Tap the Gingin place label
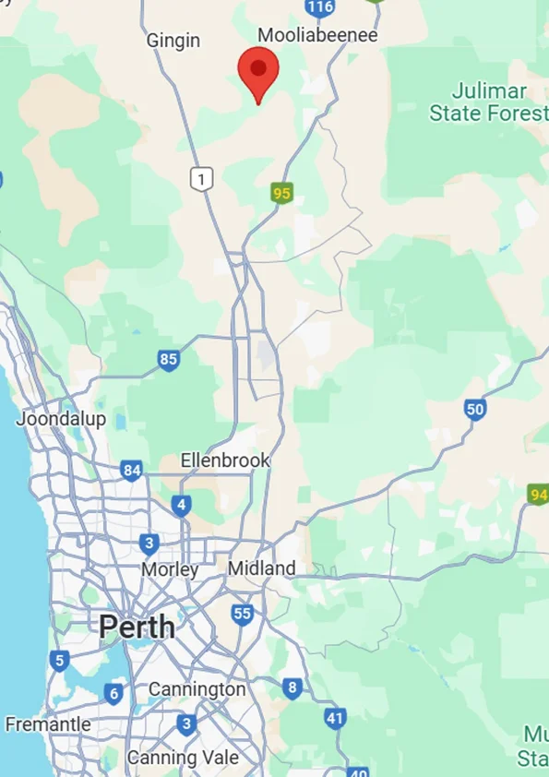click(x=173, y=41)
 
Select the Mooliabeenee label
click(x=317, y=35)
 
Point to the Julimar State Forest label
click(x=489, y=102)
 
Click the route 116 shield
click(x=319, y=7)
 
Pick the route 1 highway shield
click(x=202, y=177)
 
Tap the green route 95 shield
click(x=281, y=193)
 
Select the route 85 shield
click(x=168, y=359)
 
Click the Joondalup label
click(x=61, y=418)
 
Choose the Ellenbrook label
click(x=225, y=460)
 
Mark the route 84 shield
click(x=132, y=472)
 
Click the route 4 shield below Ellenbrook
click(x=181, y=505)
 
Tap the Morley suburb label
click(x=170, y=570)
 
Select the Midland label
click(x=262, y=568)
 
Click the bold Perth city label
click(x=137, y=628)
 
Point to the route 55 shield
click(x=242, y=614)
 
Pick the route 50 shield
click(x=475, y=410)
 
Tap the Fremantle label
click(x=47, y=724)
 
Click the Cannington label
click(x=197, y=689)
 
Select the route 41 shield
click(x=335, y=717)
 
